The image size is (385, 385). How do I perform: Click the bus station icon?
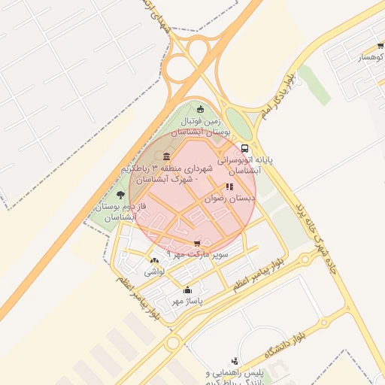245,149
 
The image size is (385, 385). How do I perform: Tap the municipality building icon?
166,156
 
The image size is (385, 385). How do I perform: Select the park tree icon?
121,195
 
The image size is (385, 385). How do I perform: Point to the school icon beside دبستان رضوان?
229,186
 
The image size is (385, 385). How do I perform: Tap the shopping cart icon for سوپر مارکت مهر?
198,244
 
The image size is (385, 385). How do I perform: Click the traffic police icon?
235,361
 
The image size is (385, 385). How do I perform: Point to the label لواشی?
153,271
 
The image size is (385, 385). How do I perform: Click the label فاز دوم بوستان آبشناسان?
121,211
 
